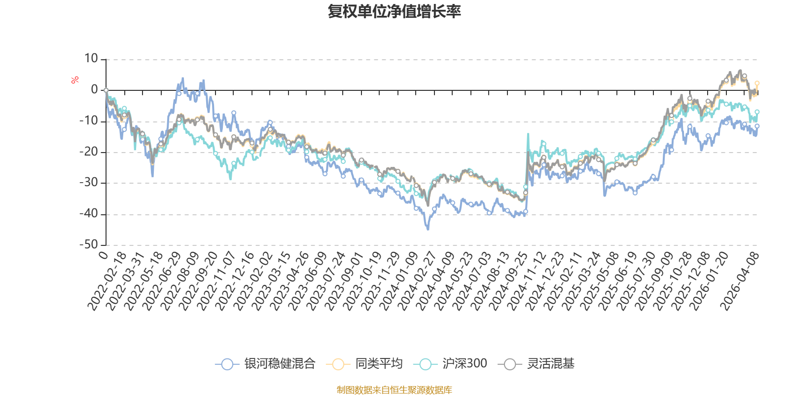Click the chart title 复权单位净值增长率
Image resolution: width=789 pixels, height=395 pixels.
(x=394, y=12)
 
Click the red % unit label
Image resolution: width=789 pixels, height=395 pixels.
(x=75, y=80)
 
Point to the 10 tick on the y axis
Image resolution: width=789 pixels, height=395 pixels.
(x=91, y=59)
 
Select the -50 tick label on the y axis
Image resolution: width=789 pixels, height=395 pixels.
(x=89, y=244)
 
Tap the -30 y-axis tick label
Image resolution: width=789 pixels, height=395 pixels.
(x=89, y=183)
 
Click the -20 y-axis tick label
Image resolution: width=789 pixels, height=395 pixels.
(x=89, y=152)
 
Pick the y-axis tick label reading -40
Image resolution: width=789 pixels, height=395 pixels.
(x=89, y=214)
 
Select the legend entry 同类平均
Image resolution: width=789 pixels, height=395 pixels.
(x=365, y=364)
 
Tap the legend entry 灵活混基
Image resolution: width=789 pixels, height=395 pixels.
(x=538, y=364)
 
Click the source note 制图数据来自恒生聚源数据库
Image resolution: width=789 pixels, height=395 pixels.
(x=394, y=390)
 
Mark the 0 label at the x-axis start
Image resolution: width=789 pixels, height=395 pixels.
(x=103, y=255)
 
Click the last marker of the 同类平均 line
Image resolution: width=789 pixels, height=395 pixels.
(x=757, y=83)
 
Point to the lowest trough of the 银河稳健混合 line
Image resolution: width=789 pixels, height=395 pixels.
(x=428, y=230)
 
